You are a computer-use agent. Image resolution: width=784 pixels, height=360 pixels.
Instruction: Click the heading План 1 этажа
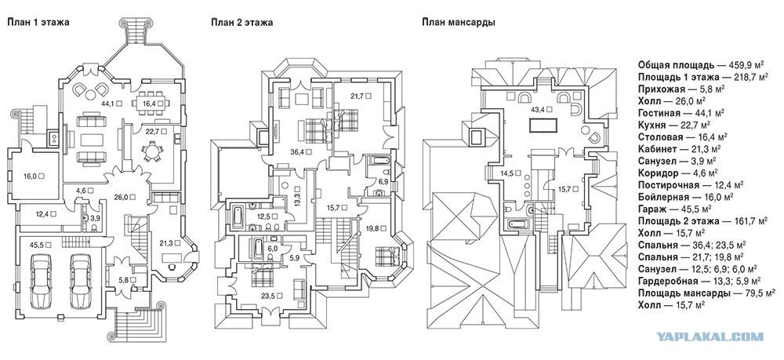pyautogui.click(x=38, y=23)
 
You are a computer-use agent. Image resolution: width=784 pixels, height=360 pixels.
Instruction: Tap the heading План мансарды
pyautogui.click(x=459, y=23)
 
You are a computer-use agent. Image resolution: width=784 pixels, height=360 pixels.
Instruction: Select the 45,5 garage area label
pyautogui.click(x=37, y=245)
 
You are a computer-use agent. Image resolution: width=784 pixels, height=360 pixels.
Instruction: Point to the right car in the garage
pyautogui.click(x=82, y=282)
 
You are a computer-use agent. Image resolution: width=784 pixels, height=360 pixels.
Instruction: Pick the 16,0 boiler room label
pyautogui.click(x=31, y=176)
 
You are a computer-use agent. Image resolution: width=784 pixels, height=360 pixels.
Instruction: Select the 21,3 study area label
pyautogui.click(x=165, y=243)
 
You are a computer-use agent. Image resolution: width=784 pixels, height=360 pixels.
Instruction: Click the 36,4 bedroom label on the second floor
pyautogui.click(x=298, y=151)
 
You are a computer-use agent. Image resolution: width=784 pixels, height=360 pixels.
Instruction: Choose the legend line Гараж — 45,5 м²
pyautogui.click(x=676, y=208)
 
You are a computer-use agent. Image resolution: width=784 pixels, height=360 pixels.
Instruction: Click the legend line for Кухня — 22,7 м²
pyautogui.click(x=675, y=125)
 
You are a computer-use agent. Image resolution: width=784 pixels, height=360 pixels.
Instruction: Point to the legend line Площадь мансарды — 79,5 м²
pyautogui.click(x=706, y=293)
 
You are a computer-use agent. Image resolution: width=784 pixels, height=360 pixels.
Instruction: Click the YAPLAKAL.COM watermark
pyautogui.click(x=710, y=336)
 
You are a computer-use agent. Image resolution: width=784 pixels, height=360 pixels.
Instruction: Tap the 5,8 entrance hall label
pyautogui.click(x=124, y=279)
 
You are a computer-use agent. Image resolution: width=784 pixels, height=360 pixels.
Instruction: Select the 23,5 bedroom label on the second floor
pyautogui.click(x=268, y=295)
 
